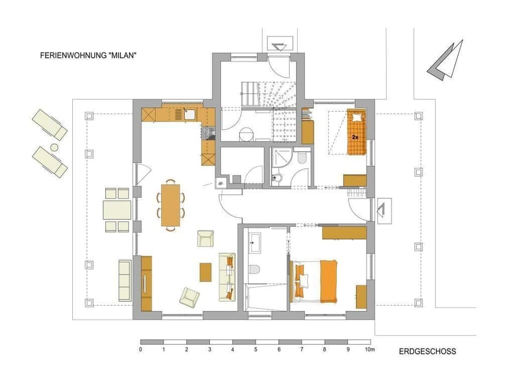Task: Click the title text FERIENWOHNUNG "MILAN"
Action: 85,55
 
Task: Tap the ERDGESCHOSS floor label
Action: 427,352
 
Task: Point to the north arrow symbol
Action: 445,60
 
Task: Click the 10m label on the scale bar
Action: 369,350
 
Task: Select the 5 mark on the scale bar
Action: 255,350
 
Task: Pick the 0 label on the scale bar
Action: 140,350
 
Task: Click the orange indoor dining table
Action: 170,204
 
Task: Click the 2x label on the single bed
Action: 355,137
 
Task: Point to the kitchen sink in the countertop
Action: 190,114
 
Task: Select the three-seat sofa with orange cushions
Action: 226,276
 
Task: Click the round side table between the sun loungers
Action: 54,147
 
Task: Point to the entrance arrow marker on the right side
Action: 383,211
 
